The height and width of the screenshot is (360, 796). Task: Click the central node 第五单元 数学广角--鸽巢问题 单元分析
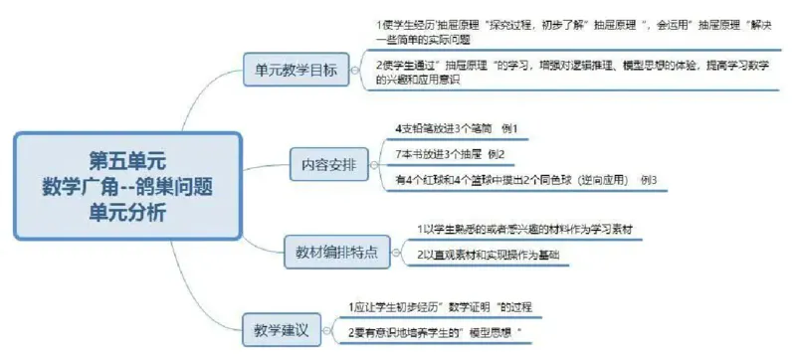[x=128, y=186]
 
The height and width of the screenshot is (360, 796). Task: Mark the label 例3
[x=648, y=179]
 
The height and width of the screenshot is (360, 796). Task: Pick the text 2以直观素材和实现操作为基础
[x=489, y=255]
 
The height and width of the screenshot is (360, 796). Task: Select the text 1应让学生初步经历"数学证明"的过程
[x=447, y=306]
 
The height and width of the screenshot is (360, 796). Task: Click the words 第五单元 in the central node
[x=127, y=159]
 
